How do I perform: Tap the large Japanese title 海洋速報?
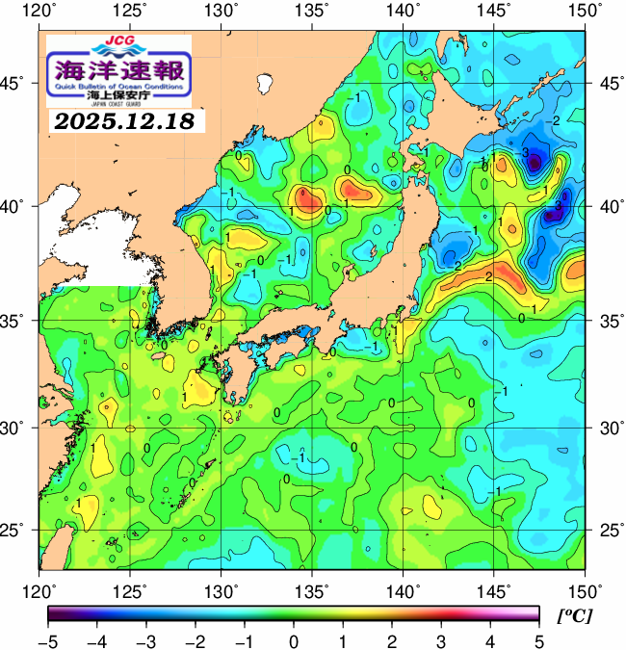click(x=119, y=68)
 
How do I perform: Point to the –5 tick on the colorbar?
click(x=47, y=639)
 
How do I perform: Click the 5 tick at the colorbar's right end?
click(x=538, y=639)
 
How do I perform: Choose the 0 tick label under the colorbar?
click(x=293, y=639)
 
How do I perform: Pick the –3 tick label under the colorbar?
click(x=145, y=639)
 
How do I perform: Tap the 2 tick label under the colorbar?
click(x=391, y=639)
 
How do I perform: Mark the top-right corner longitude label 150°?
click(x=587, y=12)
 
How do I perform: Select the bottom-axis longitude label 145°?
click(x=496, y=589)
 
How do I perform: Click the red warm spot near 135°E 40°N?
click(x=309, y=200)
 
